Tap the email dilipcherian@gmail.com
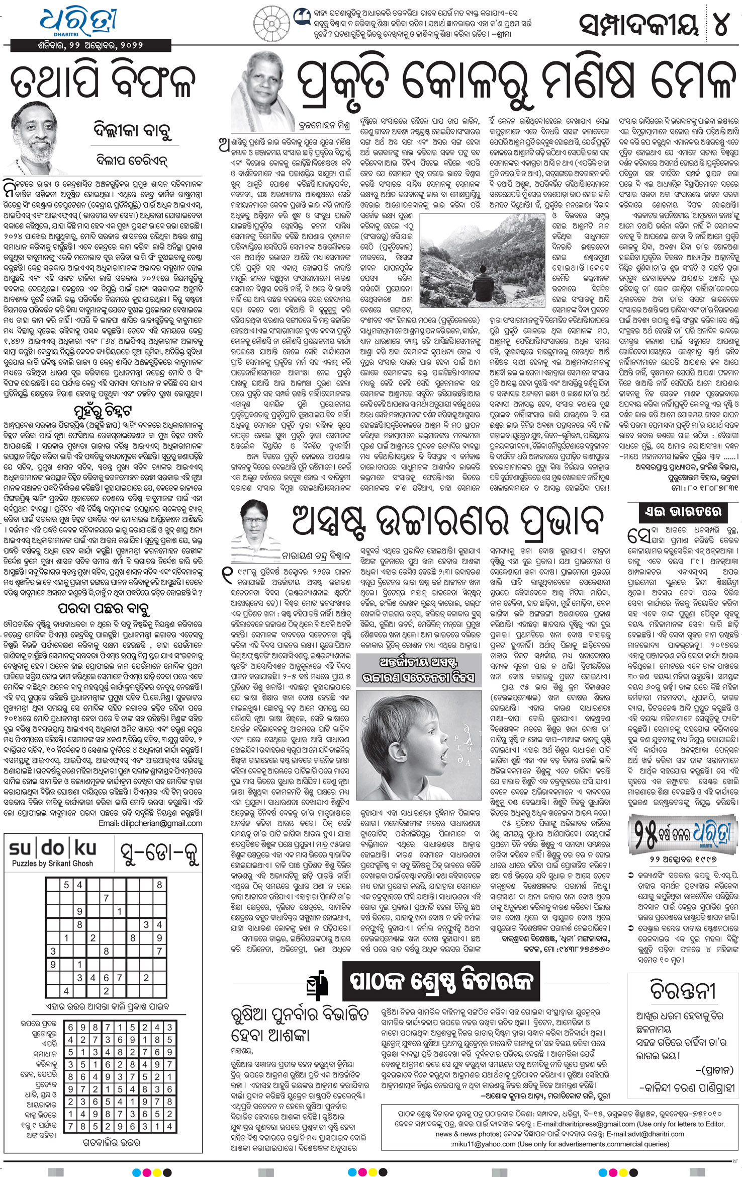tap(150, 823)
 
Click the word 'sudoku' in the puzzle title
tap(52, 848)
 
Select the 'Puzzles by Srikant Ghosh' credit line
tap(52, 863)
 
